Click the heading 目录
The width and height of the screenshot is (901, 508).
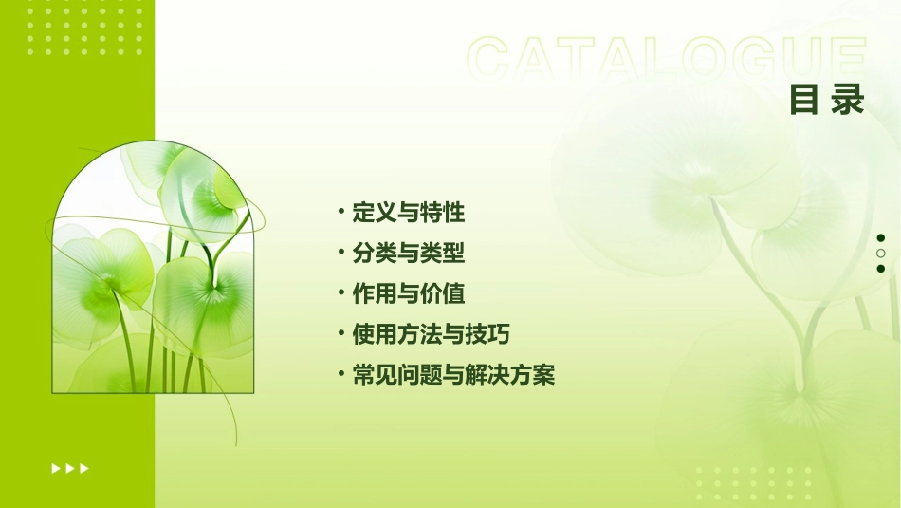[x=827, y=100]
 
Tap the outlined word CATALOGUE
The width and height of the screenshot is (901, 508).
[x=667, y=59]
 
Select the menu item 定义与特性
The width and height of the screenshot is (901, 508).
[x=409, y=213]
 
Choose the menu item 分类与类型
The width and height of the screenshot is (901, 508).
[x=409, y=254]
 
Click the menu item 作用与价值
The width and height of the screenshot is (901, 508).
[x=409, y=294]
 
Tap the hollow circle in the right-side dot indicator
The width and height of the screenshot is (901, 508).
[x=881, y=254]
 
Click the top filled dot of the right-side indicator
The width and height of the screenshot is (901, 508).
[x=881, y=237]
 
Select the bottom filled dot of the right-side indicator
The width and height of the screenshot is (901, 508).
[x=881, y=269]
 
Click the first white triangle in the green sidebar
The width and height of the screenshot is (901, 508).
[x=56, y=468]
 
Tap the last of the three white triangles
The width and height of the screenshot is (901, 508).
[x=84, y=468]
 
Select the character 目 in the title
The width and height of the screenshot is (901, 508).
[x=805, y=100]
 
